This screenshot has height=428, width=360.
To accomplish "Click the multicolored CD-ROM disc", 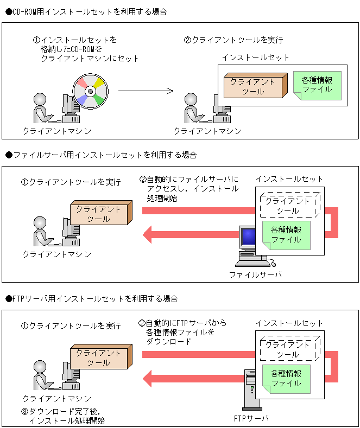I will (x=90, y=91).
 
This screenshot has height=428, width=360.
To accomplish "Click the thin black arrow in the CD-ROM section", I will (x=146, y=91).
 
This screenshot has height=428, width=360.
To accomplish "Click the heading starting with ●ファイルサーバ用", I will (x=100, y=155).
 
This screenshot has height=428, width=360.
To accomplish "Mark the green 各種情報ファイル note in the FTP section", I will (x=286, y=379).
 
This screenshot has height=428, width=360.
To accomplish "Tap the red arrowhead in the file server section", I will (x=149, y=235).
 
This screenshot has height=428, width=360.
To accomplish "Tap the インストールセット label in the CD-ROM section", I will (x=255, y=57).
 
